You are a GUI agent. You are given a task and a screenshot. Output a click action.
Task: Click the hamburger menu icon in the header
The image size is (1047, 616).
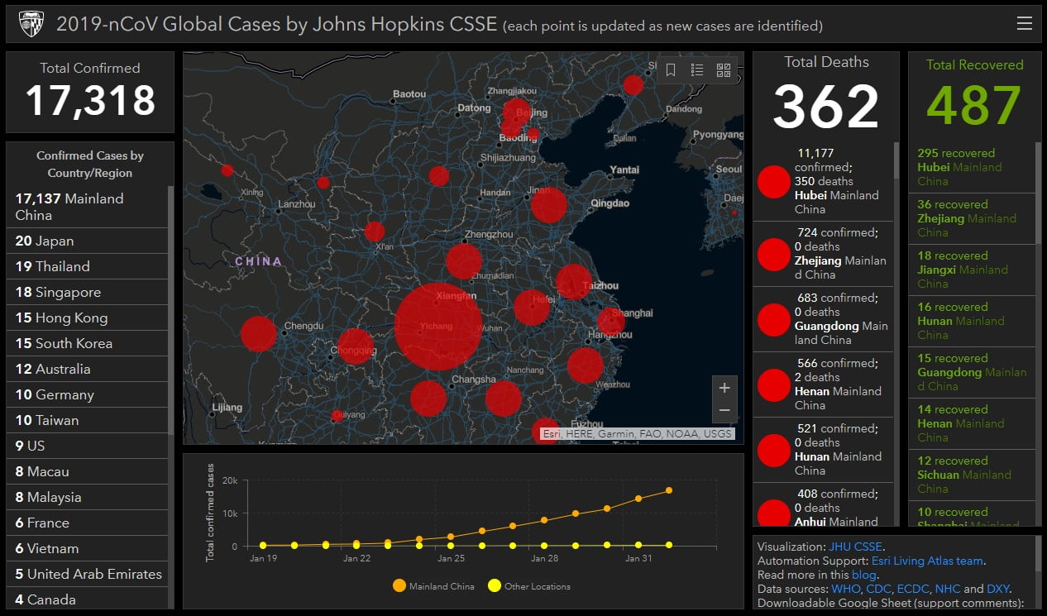[1024, 24]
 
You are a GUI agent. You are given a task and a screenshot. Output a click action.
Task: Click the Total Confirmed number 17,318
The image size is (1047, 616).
[90, 101]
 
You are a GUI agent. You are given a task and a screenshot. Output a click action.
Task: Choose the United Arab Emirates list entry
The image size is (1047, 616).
[88, 574]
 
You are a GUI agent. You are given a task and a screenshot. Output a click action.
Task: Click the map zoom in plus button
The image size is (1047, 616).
[724, 388]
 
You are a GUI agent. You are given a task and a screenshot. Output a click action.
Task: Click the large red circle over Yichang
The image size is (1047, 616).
[438, 326]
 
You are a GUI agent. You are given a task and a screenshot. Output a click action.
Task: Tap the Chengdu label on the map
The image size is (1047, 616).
[302, 327]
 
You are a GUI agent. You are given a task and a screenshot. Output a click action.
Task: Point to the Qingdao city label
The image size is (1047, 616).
[610, 203]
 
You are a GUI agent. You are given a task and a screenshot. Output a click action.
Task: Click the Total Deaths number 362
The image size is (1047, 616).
[825, 106]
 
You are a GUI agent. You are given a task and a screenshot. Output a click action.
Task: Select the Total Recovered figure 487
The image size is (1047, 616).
[973, 106]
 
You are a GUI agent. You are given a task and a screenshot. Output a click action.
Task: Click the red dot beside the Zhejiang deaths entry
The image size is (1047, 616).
[774, 255]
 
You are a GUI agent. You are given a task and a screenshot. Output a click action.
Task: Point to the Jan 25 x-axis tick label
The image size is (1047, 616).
[451, 559]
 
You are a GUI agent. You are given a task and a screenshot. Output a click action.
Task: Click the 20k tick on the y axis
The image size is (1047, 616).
[230, 480]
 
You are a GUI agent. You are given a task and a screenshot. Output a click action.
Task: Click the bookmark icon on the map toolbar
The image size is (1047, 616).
[671, 70]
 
